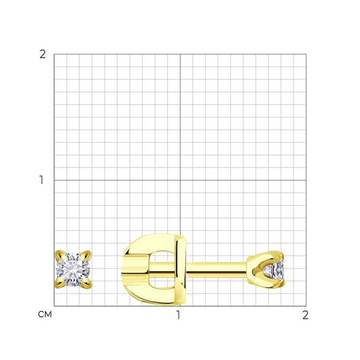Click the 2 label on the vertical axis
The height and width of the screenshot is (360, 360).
(43, 54)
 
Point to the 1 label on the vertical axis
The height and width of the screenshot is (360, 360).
(41, 180)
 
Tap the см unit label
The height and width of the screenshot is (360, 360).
(45, 314)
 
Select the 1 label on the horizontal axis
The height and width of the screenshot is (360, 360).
(178, 315)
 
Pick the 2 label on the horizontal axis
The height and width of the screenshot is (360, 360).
(306, 315)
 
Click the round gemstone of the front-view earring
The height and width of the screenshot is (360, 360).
(73, 270)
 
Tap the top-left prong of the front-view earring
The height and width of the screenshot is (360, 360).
(60, 255)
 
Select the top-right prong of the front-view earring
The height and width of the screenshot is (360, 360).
(86, 255)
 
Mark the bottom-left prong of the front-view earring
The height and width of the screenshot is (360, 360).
(60, 283)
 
